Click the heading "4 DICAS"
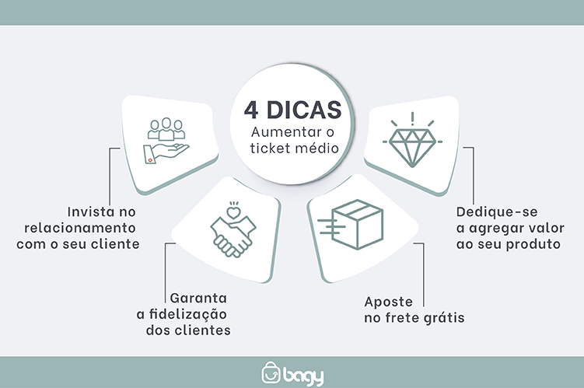(x=292, y=110)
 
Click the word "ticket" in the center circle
(x=271, y=148)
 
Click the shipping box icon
(x=351, y=224)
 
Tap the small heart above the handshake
(x=233, y=212)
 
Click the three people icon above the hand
(x=166, y=128)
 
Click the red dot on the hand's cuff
(x=150, y=160)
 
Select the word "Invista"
(x=91, y=211)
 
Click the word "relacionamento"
(x=80, y=228)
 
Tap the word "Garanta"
(x=198, y=299)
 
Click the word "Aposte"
(x=389, y=302)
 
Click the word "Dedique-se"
(x=497, y=212)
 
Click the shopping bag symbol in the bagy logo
(x=271, y=372)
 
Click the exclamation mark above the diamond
(x=412, y=118)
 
